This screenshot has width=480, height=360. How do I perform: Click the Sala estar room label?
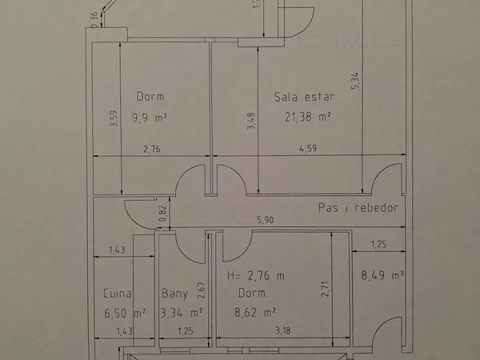point(304,97)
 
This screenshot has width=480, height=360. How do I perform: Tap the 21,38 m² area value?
point(308,117)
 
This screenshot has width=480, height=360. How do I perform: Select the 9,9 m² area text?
point(150,118)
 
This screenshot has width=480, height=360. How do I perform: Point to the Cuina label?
point(118,294)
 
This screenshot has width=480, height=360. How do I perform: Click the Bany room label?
point(174,294)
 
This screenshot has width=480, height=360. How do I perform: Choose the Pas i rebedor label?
point(358,207)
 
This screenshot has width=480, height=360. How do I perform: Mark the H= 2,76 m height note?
point(256,276)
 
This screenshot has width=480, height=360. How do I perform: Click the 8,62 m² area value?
point(255,313)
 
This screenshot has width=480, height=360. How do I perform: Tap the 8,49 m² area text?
point(382,275)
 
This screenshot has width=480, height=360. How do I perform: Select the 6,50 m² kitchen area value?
point(125,313)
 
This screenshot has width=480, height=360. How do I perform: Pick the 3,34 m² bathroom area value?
point(182,313)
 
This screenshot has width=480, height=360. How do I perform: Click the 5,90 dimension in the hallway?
point(265,219)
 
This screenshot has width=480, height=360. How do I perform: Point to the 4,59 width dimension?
point(308,149)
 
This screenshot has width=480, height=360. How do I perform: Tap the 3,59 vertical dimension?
point(114,118)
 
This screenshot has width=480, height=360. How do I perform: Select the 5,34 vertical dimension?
point(354,81)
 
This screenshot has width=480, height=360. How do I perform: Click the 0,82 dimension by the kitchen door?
point(163,214)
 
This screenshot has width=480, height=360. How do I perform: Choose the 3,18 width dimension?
point(283,330)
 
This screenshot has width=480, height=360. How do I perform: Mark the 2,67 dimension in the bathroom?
point(202,290)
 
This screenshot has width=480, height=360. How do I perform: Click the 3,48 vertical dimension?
point(250,121)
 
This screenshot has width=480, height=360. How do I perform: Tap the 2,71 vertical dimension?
point(325,289)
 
